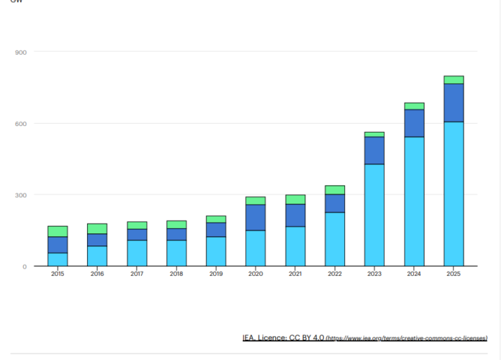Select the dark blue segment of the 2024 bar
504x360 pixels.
point(414,123)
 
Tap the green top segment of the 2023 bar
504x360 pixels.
point(374,134)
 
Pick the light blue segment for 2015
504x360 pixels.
point(58,259)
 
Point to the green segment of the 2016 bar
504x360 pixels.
point(97,228)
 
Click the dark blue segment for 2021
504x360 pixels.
point(295,215)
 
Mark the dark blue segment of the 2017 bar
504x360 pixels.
point(137,235)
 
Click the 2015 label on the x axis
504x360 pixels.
point(58,274)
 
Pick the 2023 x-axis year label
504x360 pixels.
point(374,274)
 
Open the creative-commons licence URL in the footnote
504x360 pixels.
point(406,338)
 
